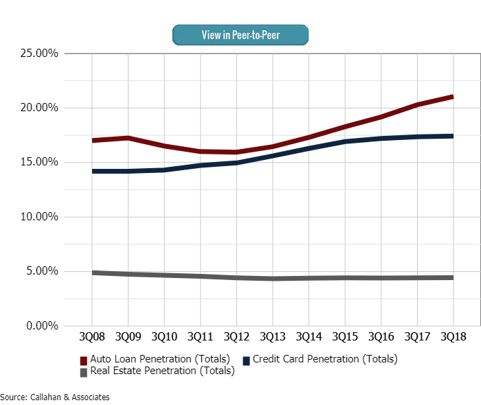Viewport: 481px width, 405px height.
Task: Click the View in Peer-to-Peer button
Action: click(x=240, y=34)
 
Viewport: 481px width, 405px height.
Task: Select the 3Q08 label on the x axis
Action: click(x=92, y=337)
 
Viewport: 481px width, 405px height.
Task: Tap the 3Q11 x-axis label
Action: click(x=200, y=337)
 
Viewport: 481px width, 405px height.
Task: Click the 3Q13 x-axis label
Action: click(x=272, y=337)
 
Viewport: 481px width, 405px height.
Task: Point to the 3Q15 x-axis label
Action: click(x=345, y=337)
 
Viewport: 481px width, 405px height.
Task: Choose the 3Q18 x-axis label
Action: click(x=453, y=337)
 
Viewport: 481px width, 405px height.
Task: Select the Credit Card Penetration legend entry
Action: click(x=320, y=358)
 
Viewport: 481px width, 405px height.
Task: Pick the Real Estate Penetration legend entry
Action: click(x=157, y=371)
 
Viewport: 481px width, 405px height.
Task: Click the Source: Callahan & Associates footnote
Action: click(x=55, y=397)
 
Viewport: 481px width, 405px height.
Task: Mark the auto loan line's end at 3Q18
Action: click(x=452, y=97)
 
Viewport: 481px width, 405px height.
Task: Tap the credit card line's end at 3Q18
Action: click(x=452, y=136)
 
